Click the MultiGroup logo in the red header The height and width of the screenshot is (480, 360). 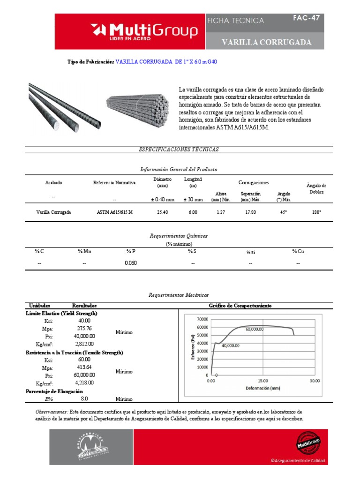click(146, 31)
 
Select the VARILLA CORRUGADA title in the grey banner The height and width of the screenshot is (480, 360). click(267, 43)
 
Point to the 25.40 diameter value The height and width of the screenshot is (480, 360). click(162, 212)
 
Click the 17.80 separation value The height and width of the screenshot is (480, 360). click(250, 212)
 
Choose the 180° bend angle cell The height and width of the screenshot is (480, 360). click(316, 212)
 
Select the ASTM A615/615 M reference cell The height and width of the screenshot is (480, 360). click(115, 212)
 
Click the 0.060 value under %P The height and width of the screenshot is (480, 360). click(131, 263)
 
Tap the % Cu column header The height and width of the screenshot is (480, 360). click(298, 252)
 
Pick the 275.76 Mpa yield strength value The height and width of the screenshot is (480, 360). click(85, 328)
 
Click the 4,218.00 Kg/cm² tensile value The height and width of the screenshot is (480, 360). click(85, 383)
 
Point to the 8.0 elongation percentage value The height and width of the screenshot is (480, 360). click(84, 399)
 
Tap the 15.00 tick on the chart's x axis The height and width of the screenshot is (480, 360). click(262, 381)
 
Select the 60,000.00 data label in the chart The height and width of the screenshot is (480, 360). click(255, 329)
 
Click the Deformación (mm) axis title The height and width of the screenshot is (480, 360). click(262, 389)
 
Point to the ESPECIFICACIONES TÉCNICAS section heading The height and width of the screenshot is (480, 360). click(179, 150)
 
